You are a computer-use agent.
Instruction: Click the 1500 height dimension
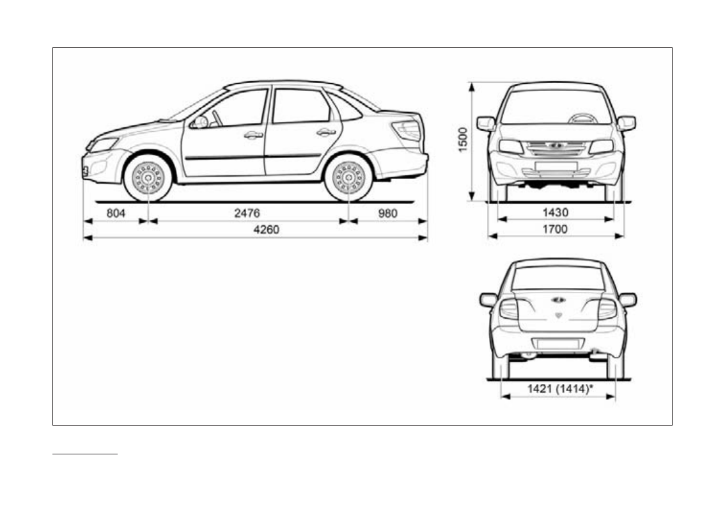(463, 140)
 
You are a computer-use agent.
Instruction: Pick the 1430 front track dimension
(555, 212)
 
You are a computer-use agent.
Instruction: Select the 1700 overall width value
(555, 228)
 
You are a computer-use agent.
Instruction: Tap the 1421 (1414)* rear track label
(557, 388)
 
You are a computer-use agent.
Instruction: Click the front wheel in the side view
(148, 177)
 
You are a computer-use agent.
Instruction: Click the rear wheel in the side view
(348, 177)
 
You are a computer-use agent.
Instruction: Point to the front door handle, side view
(253, 135)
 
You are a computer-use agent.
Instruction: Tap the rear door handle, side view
(326, 132)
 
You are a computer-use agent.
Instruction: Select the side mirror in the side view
(199, 122)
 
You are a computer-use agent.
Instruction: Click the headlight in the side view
(104, 145)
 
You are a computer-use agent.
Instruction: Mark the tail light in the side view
(408, 131)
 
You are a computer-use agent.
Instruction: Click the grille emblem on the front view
(556, 145)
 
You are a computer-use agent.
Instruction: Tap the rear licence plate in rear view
(557, 344)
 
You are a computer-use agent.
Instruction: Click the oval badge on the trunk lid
(558, 299)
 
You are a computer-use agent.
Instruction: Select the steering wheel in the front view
(582, 118)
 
